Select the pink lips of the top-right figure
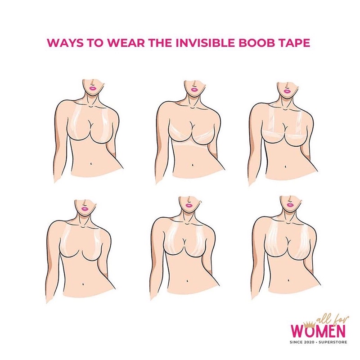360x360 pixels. click(287, 91)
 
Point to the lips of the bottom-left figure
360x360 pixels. click(85, 209)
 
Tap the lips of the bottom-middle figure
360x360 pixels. click(189, 205)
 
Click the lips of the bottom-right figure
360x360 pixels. click(290, 205)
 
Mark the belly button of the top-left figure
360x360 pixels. click(91, 164)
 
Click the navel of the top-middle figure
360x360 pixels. click(193, 165)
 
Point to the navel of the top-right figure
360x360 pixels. click(285, 166)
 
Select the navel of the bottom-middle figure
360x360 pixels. click(188, 280)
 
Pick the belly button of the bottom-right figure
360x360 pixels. click(289, 280)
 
